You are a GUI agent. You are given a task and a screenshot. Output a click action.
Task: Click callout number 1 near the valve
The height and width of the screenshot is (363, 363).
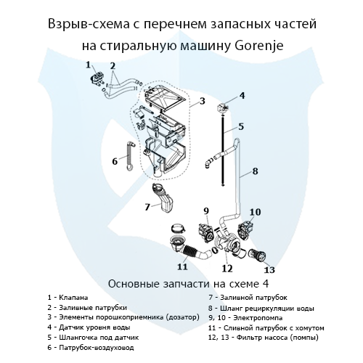[89, 65]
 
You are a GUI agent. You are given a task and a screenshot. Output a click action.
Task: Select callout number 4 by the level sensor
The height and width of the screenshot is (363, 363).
[242, 95]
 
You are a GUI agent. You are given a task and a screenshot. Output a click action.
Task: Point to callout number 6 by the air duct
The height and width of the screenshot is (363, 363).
[115, 160]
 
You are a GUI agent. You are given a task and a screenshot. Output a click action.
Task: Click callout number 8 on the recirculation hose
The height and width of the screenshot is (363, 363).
[255, 173]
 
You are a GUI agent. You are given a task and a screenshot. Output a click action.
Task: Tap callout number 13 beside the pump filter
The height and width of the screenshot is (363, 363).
[270, 269]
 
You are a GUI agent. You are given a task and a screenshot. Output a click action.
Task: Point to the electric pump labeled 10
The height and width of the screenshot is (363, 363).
[249, 227]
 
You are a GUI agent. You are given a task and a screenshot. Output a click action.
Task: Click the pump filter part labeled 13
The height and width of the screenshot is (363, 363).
[256, 256]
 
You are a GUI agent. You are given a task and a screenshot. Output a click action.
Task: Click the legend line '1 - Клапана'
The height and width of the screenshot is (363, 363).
[68, 298]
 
